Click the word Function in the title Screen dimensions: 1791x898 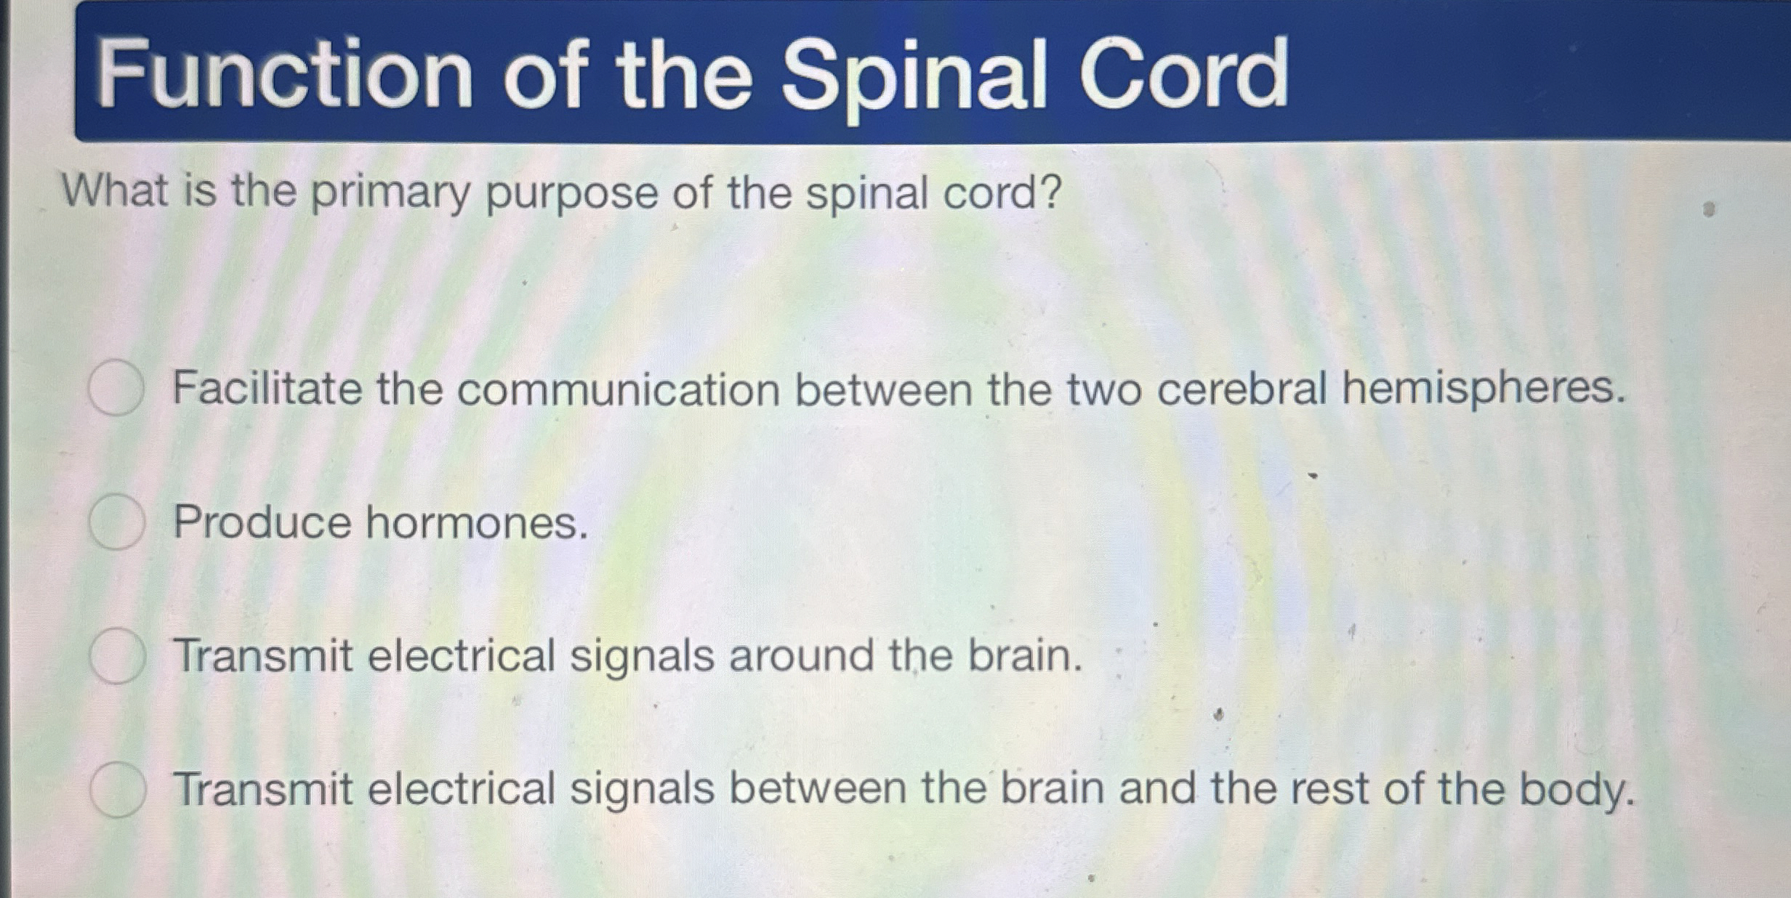(284, 74)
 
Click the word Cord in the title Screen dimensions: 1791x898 (1183, 73)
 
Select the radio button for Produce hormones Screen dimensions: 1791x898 (116, 522)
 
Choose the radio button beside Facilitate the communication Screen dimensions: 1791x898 (116, 387)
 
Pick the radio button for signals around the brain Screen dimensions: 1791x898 (117, 656)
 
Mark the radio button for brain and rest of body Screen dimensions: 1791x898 (118, 790)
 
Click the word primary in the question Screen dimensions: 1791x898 (391, 194)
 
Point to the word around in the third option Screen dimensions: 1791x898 (801, 655)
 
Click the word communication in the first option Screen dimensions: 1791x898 (619, 389)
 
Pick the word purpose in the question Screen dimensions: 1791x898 (571, 195)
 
